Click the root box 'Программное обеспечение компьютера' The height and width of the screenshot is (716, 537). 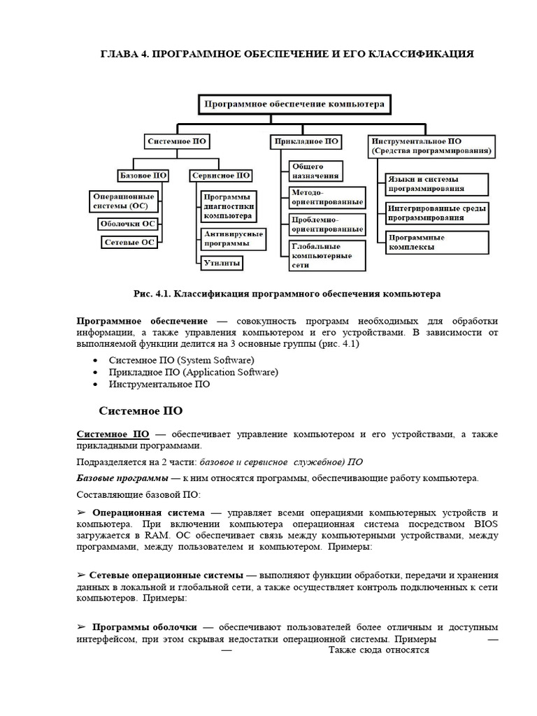tap(294, 105)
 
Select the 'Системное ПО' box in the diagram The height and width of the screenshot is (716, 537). tap(177, 141)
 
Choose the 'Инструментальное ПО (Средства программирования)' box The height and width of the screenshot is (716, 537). tap(431, 145)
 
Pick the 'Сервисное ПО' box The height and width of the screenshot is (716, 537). tap(221, 176)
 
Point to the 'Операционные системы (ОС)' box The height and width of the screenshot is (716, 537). tap(124, 201)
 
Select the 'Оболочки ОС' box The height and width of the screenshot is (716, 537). tap(128, 224)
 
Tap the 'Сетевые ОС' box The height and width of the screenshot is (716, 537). tap(128, 242)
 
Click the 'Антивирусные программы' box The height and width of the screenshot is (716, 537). tap(232, 239)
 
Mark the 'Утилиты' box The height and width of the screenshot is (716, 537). tap(222, 263)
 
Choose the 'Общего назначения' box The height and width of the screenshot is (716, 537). tap(315, 171)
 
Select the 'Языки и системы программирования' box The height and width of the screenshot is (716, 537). tap(436, 184)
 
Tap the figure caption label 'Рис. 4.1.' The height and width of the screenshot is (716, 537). tap(155, 294)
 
